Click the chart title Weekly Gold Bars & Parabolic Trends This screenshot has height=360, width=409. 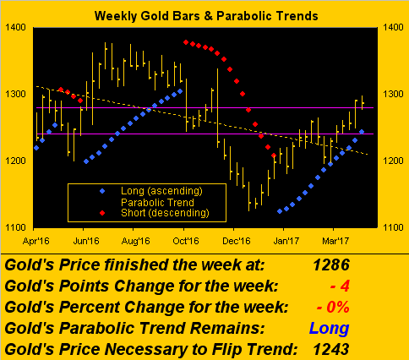coord(206,16)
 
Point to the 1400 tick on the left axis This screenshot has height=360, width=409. coord(15,27)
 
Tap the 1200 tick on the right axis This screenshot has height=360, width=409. coord(393,161)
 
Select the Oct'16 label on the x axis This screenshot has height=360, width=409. coord(186,241)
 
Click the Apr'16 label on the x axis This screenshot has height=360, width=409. coord(36,241)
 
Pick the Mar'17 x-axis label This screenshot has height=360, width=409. coord(335,241)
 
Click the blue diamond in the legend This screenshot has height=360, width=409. coord(102,191)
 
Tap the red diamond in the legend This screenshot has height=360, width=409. coord(102,213)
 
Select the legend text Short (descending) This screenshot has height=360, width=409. coord(165,213)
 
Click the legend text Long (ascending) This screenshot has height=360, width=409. coord(161,191)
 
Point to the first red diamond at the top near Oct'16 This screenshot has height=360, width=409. coord(186,42)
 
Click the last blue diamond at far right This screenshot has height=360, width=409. coord(362,132)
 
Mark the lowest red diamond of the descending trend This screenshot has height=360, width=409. coord(274,155)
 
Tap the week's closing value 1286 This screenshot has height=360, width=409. coord(331,265)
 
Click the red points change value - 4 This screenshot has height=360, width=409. coord(340,286)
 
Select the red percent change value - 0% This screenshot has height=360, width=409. coord(333,307)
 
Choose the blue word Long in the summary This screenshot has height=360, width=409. coord(330,329)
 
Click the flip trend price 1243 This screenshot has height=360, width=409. coord(331,349)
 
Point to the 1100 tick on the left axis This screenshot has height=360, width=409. coord(15,227)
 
